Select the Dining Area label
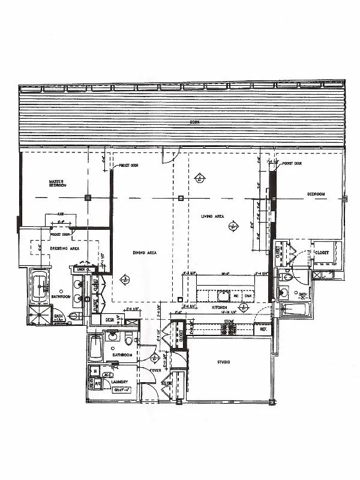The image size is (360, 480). [145, 253]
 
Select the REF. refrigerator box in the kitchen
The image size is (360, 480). [262, 329]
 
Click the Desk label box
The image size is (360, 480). [110, 320]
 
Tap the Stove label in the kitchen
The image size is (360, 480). [229, 322]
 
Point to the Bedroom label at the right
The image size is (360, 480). [316, 194]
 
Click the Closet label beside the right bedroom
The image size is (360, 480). [323, 253]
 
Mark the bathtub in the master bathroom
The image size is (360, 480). [41, 286]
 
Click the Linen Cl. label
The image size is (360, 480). [80, 269]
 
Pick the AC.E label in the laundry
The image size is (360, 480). [109, 374]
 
